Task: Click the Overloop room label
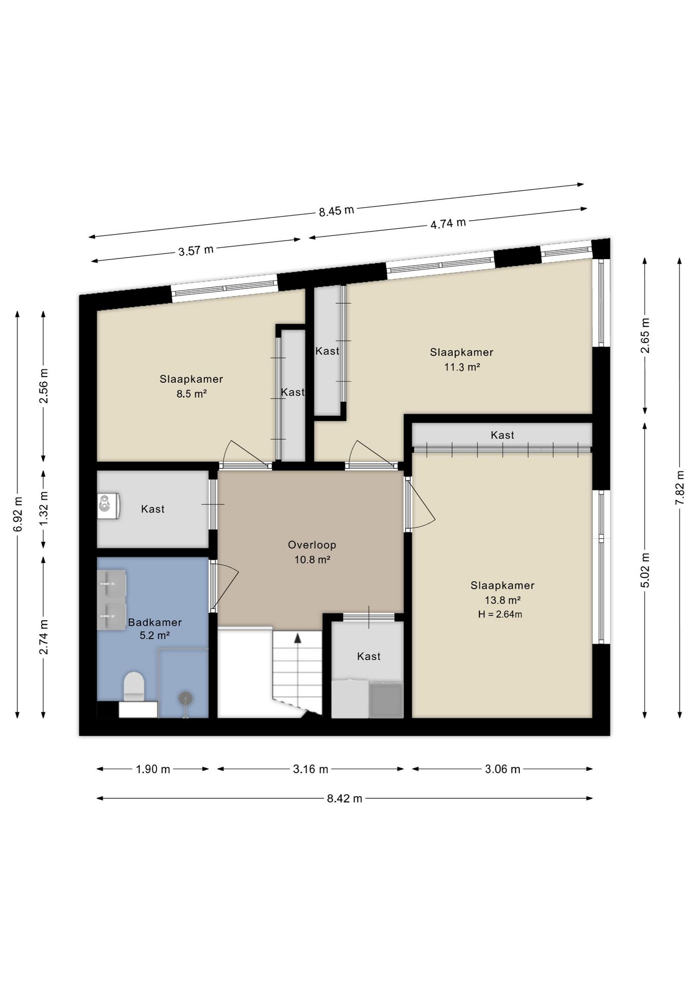pos(312,545)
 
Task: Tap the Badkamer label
pos(155,622)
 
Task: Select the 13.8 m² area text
pos(503,600)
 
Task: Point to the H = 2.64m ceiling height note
pos(500,614)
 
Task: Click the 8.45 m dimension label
pos(336,211)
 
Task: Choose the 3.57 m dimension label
pos(196,251)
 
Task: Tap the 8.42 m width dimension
pos(344,798)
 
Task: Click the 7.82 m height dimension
pos(680,487)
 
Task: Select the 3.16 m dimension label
pos(311,769)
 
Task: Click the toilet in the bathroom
pos(134,686)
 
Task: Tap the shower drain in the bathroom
pos(185,698)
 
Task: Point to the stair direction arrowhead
pos(297,638)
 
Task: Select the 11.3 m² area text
pos(462,367)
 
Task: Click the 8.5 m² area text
pos(191,394)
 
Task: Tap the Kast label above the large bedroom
pos(502,435)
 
